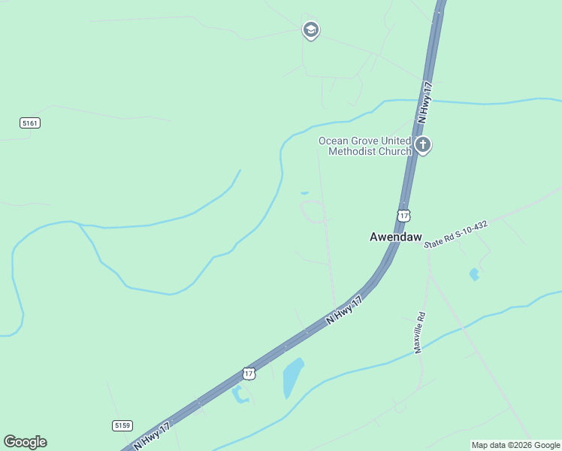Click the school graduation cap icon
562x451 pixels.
tap(310, 30)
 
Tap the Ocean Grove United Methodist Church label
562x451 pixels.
tap(364, 146)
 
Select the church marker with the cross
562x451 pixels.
tap(423, 145)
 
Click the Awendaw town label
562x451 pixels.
tap(395, 236)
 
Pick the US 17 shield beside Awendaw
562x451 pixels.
tap(404, 216)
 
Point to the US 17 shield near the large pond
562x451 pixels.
tap(249, 374)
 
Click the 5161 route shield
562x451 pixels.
tap(30, 123)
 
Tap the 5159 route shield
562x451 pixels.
tap(122, 425)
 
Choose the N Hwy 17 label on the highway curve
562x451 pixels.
tap(345, 310)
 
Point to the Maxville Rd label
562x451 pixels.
tap(420, 332)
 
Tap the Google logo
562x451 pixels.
tap(25, 442)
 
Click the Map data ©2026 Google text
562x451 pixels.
tap(515, 445)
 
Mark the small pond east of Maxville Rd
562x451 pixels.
tap(474, 274)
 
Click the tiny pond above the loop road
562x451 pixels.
tap(304, 193)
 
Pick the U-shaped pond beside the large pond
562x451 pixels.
tap(240, 394)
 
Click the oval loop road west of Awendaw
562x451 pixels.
tap(313, 212)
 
